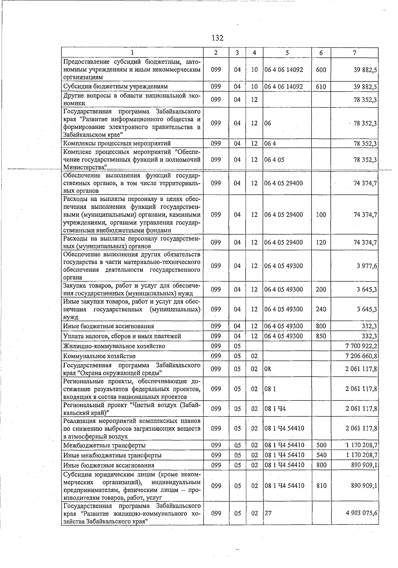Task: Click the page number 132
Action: tap(217, 38)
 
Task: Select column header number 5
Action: tap(287, 53)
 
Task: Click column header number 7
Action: tap(355, 53)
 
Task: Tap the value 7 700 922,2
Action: tap(361, 346)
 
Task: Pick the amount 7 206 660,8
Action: tap(361, 356)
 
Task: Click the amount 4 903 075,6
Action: tap(361, 513)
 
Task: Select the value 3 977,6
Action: tap(366, 266)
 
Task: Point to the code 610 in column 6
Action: tap(321, 87)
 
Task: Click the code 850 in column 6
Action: tap(321, 336)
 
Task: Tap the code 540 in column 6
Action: tap(321, 455)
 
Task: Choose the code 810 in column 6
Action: tap(321, 486)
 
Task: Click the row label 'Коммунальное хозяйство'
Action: tap(99, 356)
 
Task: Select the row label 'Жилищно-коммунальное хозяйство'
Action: tap(114, 346)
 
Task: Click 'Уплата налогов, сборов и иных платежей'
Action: tap(122, 336)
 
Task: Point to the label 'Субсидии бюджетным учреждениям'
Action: tap(115, 87)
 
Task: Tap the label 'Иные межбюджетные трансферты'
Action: tap(112, 455)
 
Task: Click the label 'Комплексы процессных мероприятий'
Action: tap(117, 144)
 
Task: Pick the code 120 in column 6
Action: tap(321, 242)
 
